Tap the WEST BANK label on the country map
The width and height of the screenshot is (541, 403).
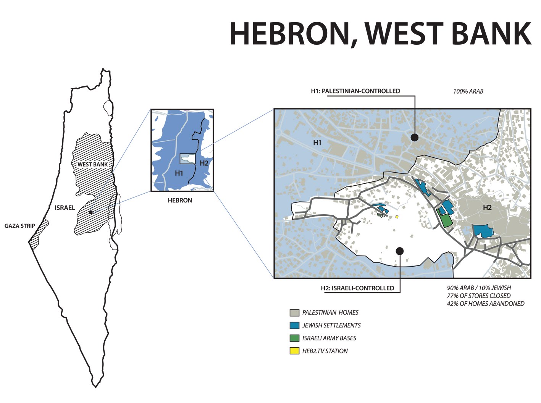click(x=92, y=165)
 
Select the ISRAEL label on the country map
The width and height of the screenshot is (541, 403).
click(x=65, y=208)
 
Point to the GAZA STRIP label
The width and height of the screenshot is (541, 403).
click(x=20, y=226)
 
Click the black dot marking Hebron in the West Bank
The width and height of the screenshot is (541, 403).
click(x=91, y=212)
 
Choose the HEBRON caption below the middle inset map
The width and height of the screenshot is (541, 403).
click(x=180, y=200)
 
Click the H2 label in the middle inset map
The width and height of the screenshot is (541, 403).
click(x=204, y=163)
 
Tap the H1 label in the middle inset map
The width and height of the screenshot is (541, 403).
click(x=179, y=173)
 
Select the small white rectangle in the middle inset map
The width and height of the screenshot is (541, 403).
click(x=187, y=159)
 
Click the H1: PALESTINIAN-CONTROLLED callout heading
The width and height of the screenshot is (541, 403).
click(x=355, y=91)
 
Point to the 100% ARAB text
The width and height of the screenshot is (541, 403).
click(x=468, y=91)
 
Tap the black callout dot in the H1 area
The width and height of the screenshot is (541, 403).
click(x=415, y=138)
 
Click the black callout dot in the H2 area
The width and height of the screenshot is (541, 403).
click(x=400, y=251)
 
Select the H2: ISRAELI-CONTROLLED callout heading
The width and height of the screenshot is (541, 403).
click(x=357, y=288)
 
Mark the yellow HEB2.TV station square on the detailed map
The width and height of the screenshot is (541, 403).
click(x=397, y=217)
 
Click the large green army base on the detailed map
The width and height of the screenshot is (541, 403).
click(x=445, y=220)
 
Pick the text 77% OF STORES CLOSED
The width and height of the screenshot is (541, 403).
click(x=478, y=296)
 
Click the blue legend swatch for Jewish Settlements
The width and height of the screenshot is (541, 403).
click(x=294, y=325)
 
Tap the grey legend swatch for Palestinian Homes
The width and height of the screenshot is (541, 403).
click(x=294, y=313)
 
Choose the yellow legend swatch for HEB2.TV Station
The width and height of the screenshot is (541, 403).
click(x=294, y=351)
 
